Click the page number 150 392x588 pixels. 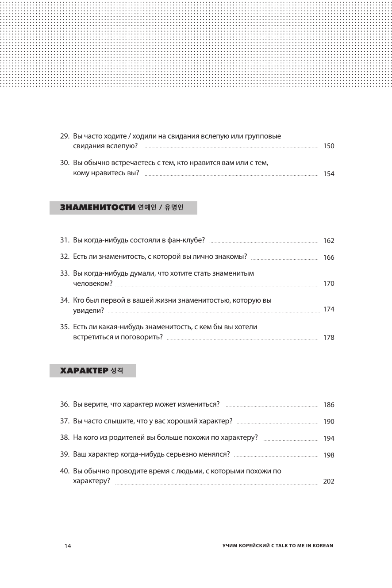click(329, 146)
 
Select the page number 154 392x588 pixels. click(329, 174)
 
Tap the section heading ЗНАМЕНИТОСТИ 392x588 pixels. click(97, 208)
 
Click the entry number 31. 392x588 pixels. click(65, 240)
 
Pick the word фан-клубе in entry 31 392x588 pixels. click(188, 240)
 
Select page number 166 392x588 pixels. click(329, 257)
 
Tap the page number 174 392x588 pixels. click(329, 310)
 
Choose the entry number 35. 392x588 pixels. click(65, 327)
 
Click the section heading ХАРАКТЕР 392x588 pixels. click(84, 371)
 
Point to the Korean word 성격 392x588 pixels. click(117, 371)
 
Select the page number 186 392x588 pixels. click(329, 405)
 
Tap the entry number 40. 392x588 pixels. click(65, 471)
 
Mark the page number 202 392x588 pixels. click(329, 482)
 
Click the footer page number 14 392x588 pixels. click(68, 546)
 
